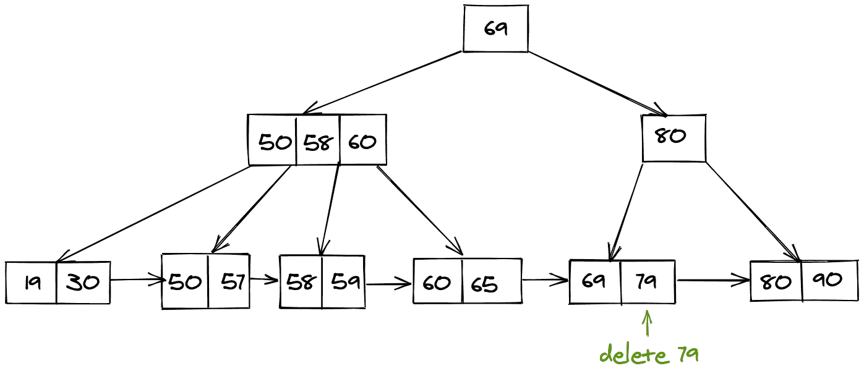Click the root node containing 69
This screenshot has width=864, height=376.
(x=495, y=28)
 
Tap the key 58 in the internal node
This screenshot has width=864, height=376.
(x=318, y=142)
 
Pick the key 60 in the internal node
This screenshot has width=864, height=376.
(x=362, y=142)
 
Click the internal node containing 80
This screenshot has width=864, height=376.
(x=673, y=137)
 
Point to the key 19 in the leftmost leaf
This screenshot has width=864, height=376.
(x=32, y=283)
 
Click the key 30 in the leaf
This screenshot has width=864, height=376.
(x=82, y=283)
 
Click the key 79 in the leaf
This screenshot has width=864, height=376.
(x=646, y=281)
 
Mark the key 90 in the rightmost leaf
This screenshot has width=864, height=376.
(x=828, y=280)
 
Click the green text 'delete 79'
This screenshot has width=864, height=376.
(x=649, y=355)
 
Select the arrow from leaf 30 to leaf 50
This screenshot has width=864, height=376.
(x=136, y=280)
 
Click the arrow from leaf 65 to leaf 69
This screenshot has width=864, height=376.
(x=545, y=280)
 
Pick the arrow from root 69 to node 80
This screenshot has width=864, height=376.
(x=597, y=83)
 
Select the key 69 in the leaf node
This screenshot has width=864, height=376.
(x=594, y=281)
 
